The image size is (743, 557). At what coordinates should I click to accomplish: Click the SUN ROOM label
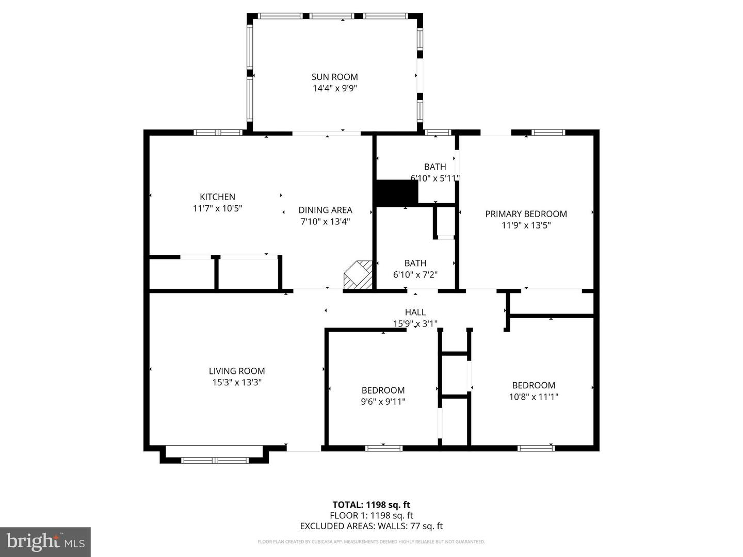(x=334, y=77)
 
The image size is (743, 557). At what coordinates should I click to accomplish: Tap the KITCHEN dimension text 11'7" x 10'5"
(x=217, y=208)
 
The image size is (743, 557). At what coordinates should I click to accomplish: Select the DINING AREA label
(x=325, y=210)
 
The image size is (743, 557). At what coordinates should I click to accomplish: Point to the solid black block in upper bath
(x=396, y=193)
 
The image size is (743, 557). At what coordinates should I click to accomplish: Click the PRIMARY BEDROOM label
(x=526, y=214)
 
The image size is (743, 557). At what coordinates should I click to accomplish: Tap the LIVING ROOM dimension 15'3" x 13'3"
(x=237, y=382)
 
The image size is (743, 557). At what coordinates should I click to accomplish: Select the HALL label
(x=415, y=312)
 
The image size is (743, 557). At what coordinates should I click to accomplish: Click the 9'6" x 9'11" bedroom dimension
(x=383, y=401)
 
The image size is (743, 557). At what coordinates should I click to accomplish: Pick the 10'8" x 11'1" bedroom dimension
(x=534, y=397)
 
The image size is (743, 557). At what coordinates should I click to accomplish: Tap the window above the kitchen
(x=218, y=133)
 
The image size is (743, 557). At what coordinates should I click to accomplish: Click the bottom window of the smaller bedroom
(x=383, y=448)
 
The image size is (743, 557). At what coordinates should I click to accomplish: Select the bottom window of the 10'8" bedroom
(x=536, y=448)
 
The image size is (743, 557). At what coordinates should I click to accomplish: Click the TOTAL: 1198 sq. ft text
(x=371, y=505)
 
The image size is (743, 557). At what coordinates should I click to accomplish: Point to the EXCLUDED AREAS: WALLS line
(x=371, y=526)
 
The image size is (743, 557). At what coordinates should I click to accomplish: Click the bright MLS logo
(x=45, y=542)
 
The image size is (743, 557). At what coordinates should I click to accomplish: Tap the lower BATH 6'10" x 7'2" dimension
(x=415, y=274)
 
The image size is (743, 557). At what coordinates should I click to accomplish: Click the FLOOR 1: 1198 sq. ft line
(x=371, y=515)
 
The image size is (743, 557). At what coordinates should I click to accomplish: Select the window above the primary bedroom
(x=548, y=133)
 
